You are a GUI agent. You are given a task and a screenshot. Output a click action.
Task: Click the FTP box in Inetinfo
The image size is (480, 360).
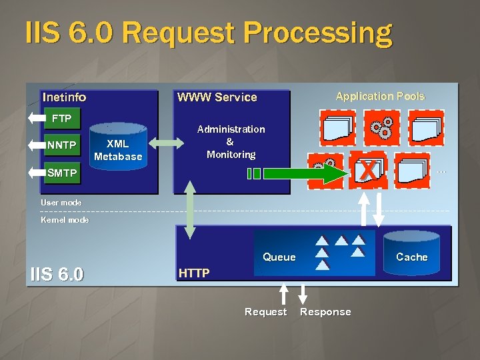61,119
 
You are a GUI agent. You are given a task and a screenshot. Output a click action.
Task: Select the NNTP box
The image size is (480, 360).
61,145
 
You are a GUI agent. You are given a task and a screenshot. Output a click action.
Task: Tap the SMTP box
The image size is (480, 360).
62,173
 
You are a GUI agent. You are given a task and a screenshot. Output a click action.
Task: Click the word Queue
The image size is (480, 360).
279,257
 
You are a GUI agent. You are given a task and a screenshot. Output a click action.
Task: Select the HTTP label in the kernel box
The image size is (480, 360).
194,273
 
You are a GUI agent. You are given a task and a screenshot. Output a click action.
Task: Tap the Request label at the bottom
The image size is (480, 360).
265,312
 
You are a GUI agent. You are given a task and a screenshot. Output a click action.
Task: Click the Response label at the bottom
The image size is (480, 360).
325,312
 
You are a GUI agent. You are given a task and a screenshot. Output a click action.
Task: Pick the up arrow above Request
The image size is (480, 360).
283,294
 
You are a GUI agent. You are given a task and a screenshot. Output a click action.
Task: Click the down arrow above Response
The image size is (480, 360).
303,294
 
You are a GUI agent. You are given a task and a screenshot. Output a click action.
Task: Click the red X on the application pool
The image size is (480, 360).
367,170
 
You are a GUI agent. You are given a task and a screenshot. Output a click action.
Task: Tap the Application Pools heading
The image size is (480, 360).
380,96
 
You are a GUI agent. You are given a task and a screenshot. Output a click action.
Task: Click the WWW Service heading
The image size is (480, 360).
217,97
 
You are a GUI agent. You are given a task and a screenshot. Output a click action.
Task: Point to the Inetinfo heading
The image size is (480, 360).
64,97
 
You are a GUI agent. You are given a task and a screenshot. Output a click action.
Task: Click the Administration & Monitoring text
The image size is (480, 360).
231,141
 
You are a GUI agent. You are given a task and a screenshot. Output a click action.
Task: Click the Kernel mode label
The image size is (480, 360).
65,219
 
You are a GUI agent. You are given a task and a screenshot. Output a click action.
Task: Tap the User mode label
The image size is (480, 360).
61,202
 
